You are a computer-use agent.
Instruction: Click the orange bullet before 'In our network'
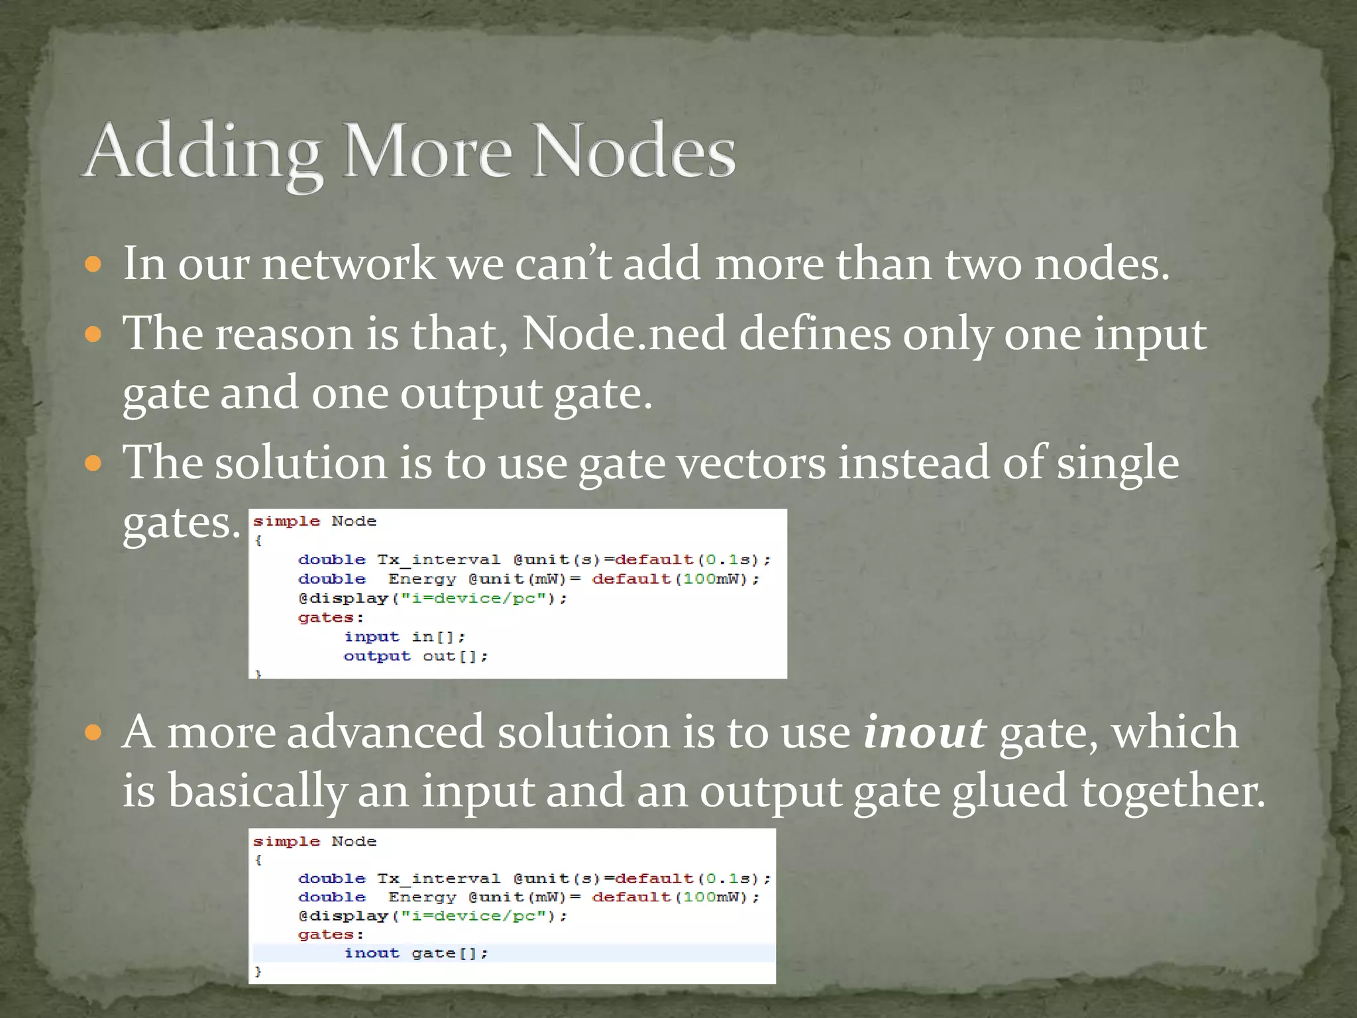point(93,265)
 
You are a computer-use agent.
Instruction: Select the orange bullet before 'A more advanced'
point(93,733)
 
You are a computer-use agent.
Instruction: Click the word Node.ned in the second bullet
point(624,333)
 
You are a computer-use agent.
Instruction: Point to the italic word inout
point(924,732)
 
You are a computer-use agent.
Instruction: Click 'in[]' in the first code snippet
point(438,637)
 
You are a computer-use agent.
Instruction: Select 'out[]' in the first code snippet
point(455,656)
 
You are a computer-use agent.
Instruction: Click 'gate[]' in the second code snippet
point(449,953)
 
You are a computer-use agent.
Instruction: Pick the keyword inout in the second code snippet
point(372,953)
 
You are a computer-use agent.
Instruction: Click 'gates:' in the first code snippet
point(331,618)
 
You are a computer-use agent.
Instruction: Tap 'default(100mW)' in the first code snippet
point(675,579)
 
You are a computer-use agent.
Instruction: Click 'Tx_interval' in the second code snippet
point(439,879)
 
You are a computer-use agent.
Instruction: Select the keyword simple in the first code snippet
point(286,522)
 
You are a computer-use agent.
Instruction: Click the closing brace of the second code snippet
point(258,972)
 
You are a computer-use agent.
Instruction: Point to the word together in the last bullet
point(1173,791)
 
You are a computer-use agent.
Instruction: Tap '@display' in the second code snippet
point(343,916)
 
